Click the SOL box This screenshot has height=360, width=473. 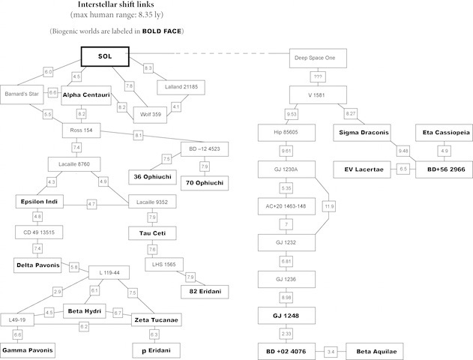click(x=105, y=57)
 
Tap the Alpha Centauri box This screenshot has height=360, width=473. click(x=87, y=95)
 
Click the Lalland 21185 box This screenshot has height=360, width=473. click(x=179, y=88)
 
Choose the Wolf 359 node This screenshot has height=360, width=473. click(x=152, y=115)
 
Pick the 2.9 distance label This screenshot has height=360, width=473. click(x=57, y=290)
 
